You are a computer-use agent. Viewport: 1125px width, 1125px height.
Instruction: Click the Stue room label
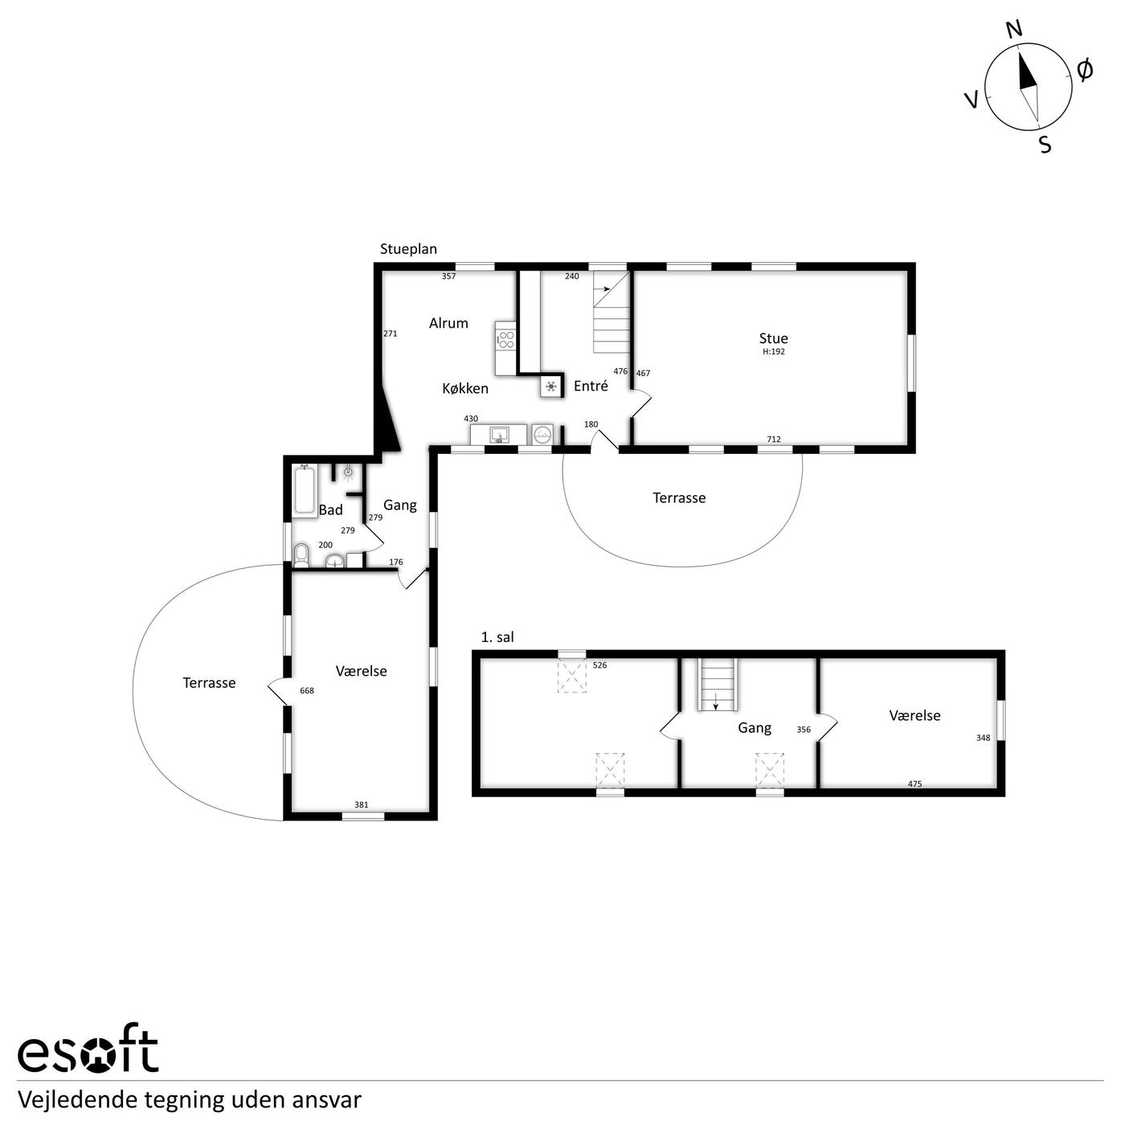[773, 338]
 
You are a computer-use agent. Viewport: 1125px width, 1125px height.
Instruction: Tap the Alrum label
[448, 323]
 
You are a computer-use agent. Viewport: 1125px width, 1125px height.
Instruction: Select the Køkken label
[465, 388]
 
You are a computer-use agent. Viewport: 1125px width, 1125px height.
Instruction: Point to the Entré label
[591, 386]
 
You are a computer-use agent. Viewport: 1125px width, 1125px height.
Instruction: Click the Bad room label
[330, 509]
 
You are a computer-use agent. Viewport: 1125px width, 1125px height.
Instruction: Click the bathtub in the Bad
[305, 489]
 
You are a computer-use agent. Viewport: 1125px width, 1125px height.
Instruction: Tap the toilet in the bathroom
[301, 555]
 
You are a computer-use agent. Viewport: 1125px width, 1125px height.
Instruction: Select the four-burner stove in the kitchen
[505, 340]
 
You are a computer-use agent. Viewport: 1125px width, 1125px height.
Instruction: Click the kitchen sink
[499, 435]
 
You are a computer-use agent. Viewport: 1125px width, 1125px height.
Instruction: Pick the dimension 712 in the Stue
[774, 439]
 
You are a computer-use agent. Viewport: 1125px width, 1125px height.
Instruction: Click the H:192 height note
[774, 351]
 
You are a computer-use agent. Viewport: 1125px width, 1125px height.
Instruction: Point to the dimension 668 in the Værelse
[306, 690]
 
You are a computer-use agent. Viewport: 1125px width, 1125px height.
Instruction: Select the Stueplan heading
[408, 248]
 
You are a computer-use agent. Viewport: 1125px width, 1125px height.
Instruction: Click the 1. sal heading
[497, 637]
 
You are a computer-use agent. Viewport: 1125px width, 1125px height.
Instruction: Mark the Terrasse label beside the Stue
[679, 497]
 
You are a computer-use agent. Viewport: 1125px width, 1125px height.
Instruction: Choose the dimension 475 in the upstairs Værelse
[914, 783]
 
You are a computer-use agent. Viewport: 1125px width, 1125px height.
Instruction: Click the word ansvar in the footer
[334, 1099]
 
